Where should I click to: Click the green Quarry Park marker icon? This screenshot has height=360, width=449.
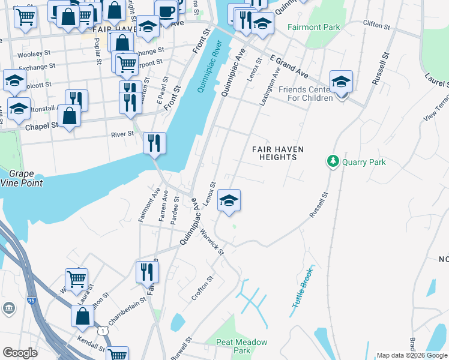(x=333, y=161)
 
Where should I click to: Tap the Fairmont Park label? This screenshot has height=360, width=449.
(x=313, y=27)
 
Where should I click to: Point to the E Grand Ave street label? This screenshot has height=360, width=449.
(x=289, y=67)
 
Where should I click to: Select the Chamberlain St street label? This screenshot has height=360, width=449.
(x=127, y=309)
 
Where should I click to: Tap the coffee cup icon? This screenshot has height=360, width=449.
(x=166, y=11)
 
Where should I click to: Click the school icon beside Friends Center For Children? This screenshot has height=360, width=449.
(x=341, y=82)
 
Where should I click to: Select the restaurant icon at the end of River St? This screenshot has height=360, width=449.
(x=155, y=143)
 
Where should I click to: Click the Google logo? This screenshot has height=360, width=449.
(x=20, y=353)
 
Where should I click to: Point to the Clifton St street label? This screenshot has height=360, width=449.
(x=377, y=23)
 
